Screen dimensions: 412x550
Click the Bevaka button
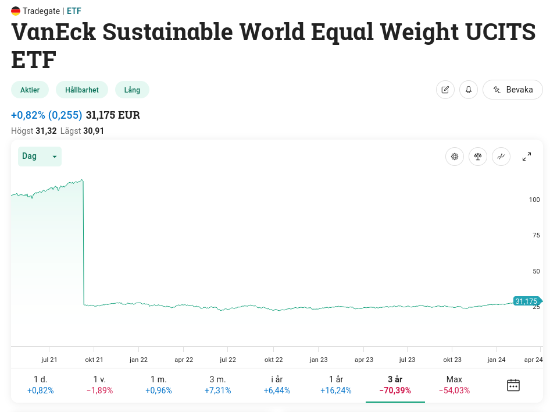[512, 90]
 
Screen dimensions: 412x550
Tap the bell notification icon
[469, 90]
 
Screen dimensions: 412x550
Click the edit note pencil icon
[445, 90]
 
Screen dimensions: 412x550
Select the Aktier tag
[30, 90]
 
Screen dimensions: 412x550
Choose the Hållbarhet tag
[82, 90]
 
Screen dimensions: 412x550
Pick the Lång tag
[132, 90]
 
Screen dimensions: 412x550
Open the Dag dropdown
[40, 156]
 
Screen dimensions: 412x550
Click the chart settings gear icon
[455, 157]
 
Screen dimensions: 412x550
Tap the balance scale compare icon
[478, 157]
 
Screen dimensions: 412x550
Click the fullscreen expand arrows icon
[527, 157]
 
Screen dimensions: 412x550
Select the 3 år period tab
[395, 385]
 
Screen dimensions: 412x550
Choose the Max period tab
[454, 385]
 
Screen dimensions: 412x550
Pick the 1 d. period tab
[40, 385]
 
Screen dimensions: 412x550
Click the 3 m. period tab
[217, 385]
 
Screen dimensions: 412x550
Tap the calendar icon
[513, 385]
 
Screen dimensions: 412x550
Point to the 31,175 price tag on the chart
[526, 301]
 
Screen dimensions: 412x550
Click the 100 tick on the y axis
[534, 200]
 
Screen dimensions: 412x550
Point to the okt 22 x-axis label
[273, 360]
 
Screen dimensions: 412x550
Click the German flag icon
[16, 10]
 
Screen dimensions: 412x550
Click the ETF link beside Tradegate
[74, 10]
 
